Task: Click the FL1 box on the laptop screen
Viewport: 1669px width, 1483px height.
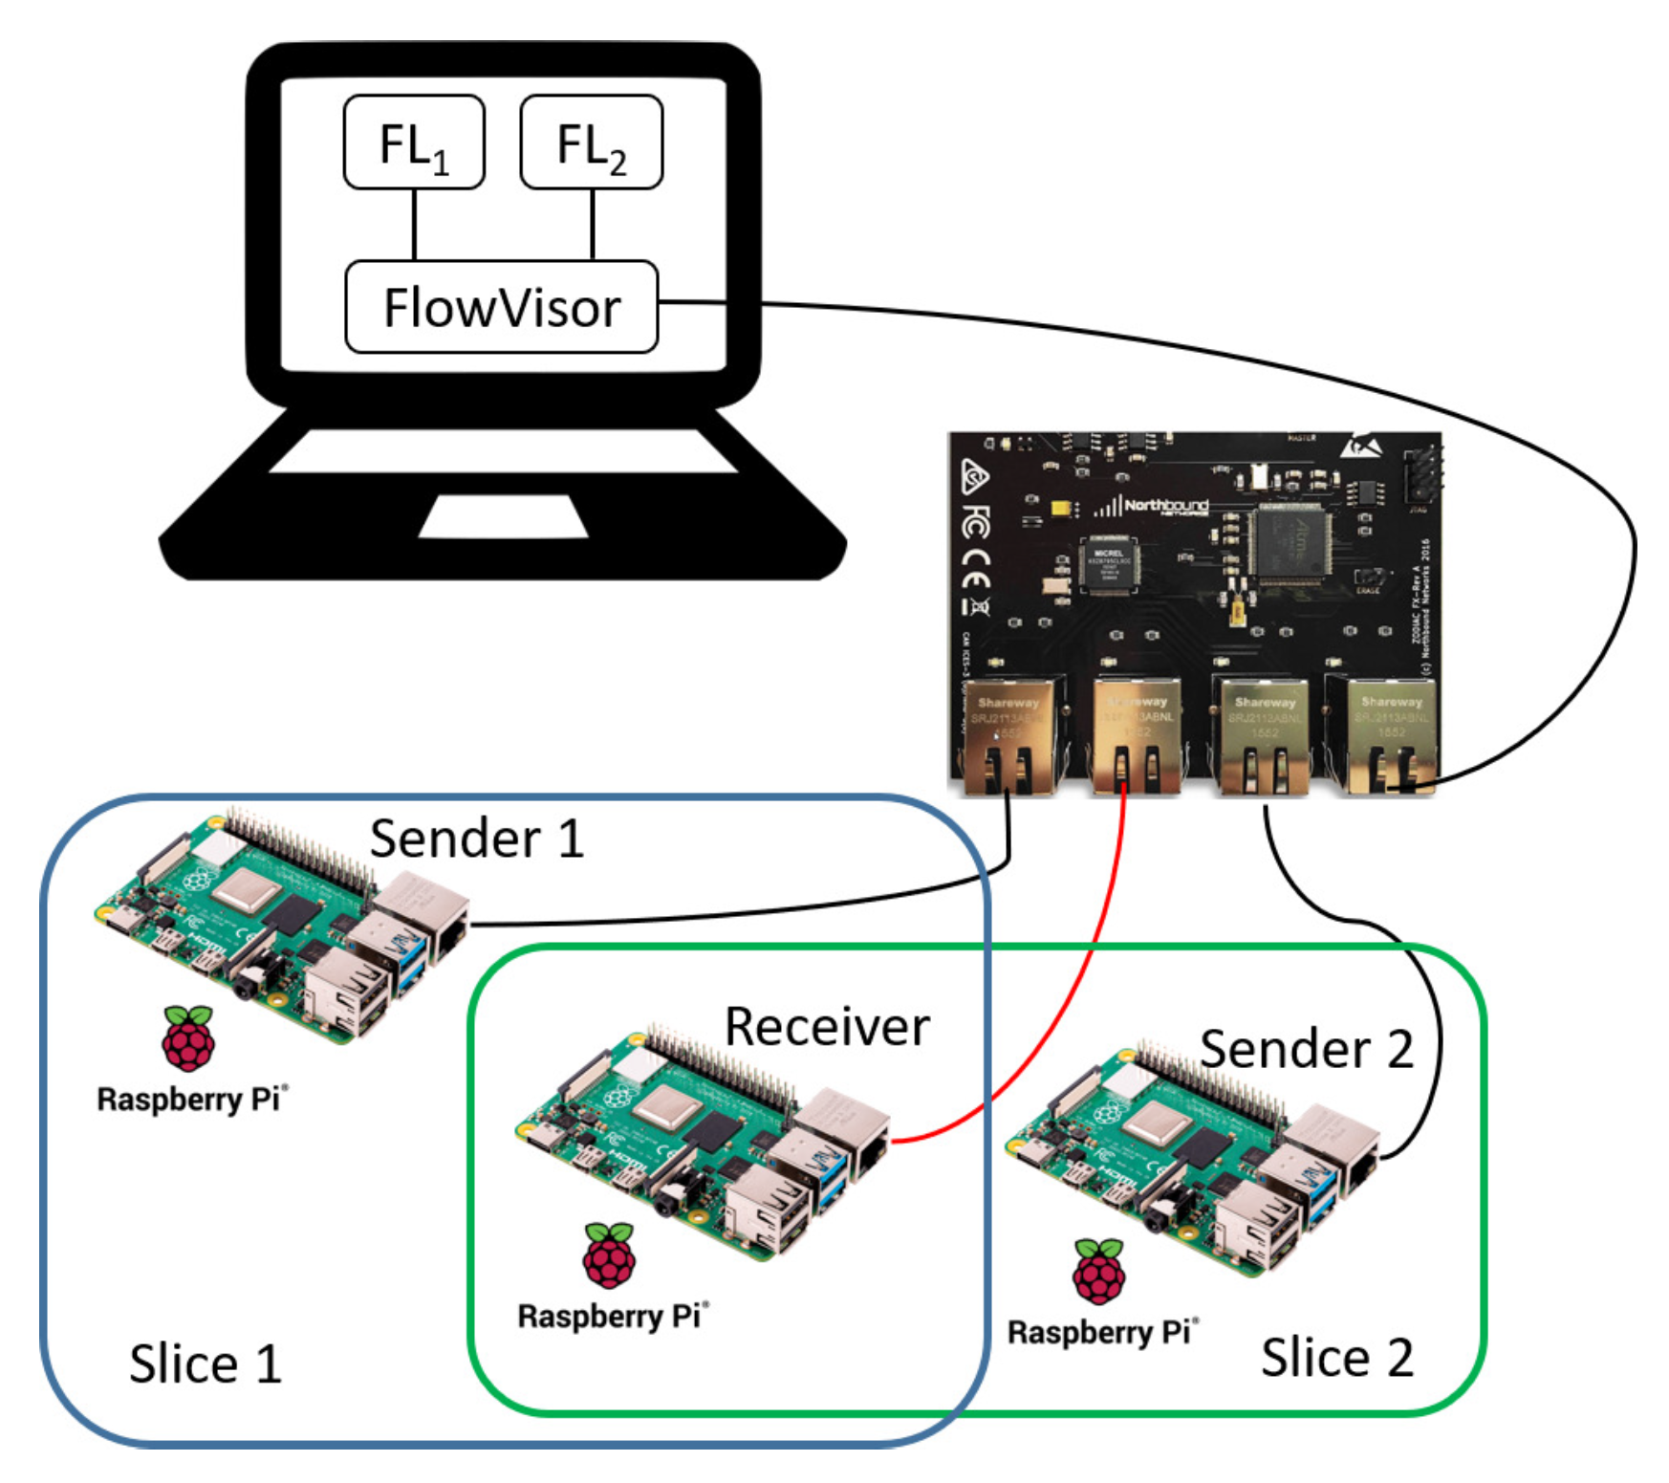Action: [413, 142]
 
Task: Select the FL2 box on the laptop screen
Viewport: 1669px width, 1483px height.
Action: [591, 142]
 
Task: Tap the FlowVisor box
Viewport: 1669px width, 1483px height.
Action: [501, 308]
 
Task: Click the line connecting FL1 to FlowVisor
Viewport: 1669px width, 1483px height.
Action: [414, 225]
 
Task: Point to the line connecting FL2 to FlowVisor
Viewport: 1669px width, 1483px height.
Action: [593, 225]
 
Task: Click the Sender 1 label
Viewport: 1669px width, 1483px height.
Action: [476, 839]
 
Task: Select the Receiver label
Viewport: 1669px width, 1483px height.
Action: [827, 1027]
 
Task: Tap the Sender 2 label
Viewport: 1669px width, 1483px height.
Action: [1306, 1049]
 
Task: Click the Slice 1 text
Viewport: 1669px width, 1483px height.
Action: [206, 1363]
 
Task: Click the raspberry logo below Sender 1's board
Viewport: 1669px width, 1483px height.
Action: [188, 1038]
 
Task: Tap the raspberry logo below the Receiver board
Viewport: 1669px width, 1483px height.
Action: [609, 1255]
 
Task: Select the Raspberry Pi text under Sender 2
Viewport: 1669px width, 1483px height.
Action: [1102, 1332]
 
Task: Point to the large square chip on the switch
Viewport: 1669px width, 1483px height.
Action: [1293, 544]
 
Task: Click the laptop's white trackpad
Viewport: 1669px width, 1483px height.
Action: [503, 516]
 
